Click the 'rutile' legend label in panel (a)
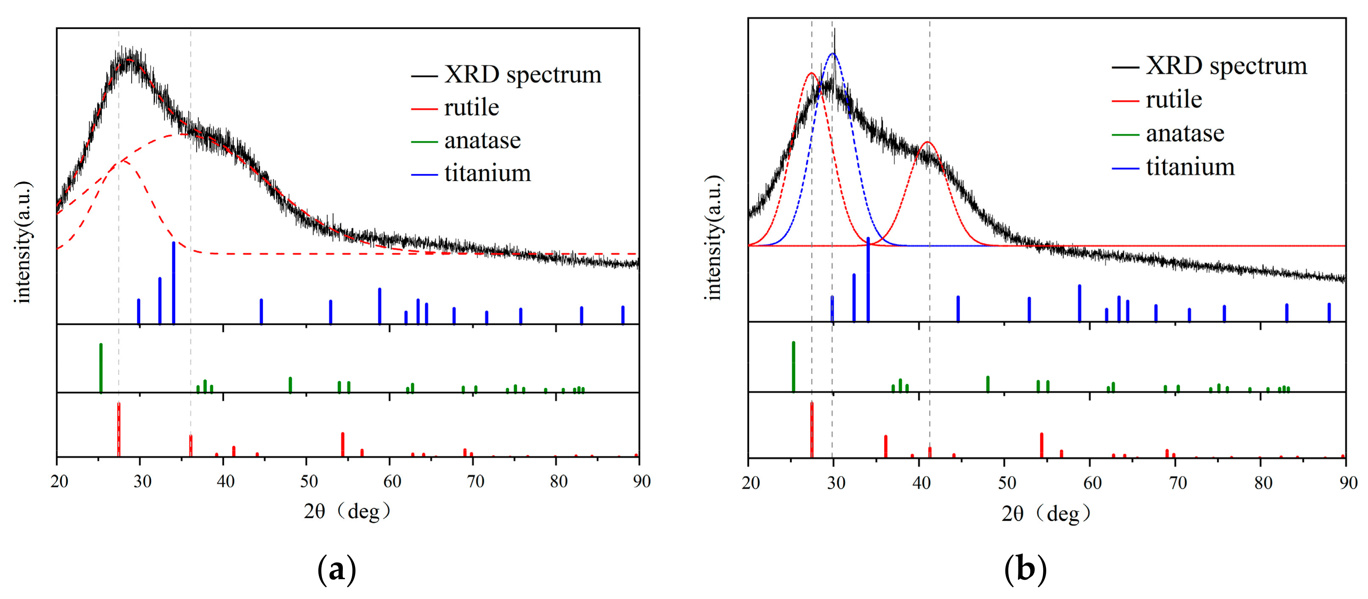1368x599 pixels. (471, 108)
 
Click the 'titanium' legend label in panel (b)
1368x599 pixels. (1189, 167)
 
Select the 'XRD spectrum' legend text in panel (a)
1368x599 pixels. (523, 75)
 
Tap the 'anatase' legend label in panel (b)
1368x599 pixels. (1185, 133)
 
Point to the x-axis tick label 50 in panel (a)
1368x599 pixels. (309, 481)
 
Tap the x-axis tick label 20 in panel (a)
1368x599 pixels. (59, 481)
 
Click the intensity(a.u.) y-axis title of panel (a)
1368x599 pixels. (23, 243)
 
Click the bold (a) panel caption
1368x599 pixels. (336, 570)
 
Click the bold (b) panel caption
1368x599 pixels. (1025, 570)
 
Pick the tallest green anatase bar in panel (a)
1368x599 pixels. (101, 368)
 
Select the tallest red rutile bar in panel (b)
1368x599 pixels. (812, 429)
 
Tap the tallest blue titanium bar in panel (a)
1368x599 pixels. (174, 282)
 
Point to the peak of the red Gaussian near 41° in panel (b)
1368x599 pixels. (927, 142)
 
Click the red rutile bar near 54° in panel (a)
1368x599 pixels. (342, 444)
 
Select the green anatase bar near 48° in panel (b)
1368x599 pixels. (988, 383)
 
